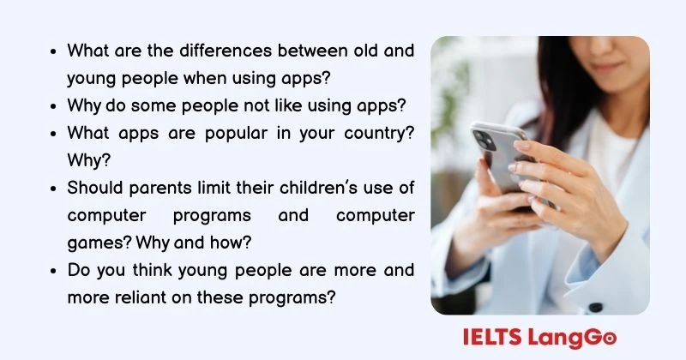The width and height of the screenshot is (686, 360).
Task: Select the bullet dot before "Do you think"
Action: pos(55,271)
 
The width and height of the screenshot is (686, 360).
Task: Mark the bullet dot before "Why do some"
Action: pos(55,106)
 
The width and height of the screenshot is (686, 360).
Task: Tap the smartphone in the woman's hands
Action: pos(506,154)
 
